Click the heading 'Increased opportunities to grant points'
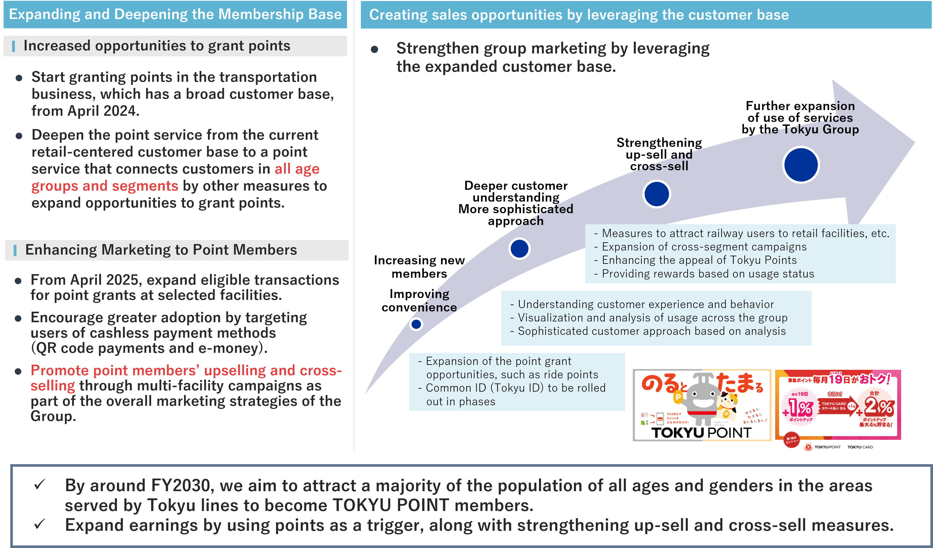coord(157,46)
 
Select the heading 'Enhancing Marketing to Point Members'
coord(161,250)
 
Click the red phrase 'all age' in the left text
coord(297,169)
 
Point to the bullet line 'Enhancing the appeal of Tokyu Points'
coord(699,260)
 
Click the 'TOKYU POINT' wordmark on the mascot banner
coord(701,432)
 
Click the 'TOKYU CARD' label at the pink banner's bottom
coord(860,447)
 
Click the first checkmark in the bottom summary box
coord(39,484)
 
